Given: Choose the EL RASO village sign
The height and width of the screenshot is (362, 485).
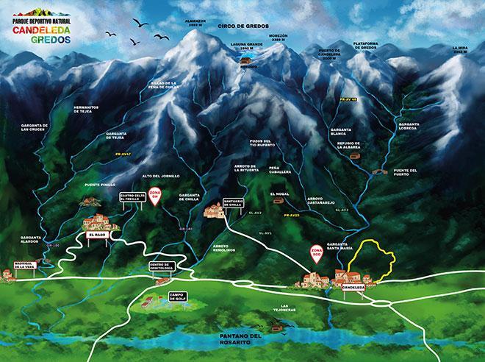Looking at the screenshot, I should point(97,235).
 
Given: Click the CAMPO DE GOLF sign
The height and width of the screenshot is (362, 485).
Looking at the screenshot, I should point(177,297).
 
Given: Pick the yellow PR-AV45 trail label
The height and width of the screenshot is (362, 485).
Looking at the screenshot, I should point(292,215).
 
